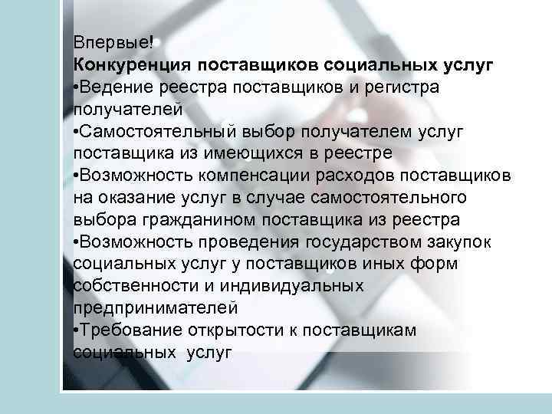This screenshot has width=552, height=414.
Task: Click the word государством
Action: tap(368, 242)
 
